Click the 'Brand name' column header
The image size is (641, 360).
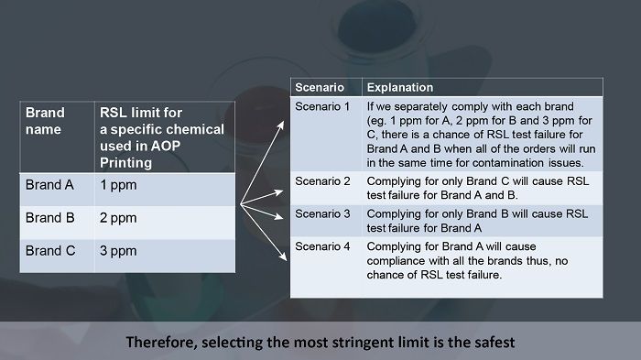[x=45, y=121]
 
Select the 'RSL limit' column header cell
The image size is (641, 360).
[x=160, y=137]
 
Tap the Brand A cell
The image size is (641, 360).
[x=49, y=184]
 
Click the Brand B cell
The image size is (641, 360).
[x=49, y=218]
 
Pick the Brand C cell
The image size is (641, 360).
[x=49, y=250]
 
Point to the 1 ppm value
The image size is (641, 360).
[x=117, y=184]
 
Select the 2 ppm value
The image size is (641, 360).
[x=117, y=218]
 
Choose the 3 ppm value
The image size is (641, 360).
[x=117, y=250]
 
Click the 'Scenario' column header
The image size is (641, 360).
[x=319, y=87]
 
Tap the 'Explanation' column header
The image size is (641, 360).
[x=400, y=87]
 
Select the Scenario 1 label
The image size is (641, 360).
[x=322, y=106]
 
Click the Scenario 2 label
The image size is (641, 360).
[x=322, y=180]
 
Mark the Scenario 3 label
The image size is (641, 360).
[x=322, y=213]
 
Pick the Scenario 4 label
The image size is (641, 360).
[x=322, y=247]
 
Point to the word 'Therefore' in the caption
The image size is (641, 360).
[x=159, y=342]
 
